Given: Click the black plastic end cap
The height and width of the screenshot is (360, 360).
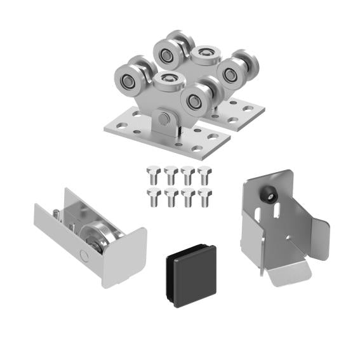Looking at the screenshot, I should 190,274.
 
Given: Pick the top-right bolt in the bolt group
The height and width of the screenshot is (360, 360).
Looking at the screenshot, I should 204,173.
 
